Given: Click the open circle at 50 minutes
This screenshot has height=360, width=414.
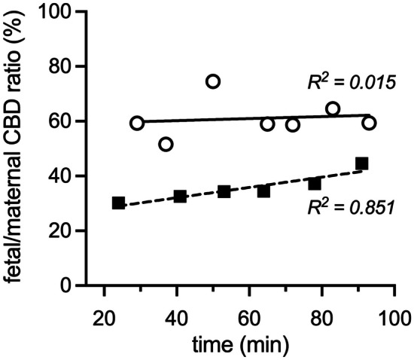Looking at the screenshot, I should [x=213, y=81].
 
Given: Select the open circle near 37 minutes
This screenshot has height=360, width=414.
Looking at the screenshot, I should [x=166, y=144].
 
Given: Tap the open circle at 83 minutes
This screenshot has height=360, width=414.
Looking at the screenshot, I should [x=333, y=108].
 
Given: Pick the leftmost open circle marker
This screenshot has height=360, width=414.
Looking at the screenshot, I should [x=136, y=123].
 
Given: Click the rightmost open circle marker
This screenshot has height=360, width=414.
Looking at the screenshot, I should [x=369, y=123].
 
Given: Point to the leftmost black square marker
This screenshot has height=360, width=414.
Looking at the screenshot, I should [x=118, y=203].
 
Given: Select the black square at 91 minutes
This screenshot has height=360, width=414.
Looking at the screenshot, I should [x=362, y=163].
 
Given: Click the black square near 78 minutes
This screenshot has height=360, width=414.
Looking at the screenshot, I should [x=315, y=184].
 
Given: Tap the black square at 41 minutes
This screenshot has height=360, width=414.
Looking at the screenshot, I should [x=180, y=196].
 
